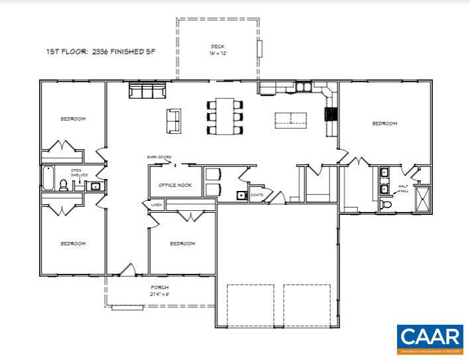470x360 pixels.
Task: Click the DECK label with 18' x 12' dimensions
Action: coord(217,49)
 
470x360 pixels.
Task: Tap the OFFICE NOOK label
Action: coord(175,185)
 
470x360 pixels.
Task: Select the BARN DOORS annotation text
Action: coord(159,157)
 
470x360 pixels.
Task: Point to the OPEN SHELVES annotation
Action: coord(80,173)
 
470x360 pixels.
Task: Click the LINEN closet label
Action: coord(156,206)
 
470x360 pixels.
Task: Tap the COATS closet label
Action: coord(257,195)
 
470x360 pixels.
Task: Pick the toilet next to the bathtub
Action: coord(64,186)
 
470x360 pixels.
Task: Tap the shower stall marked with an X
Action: coord(422,199)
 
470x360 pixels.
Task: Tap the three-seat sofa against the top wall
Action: coord(147,91)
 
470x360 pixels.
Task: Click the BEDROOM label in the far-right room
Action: coord(384,124)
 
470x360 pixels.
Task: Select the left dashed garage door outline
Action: coord(251,305)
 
